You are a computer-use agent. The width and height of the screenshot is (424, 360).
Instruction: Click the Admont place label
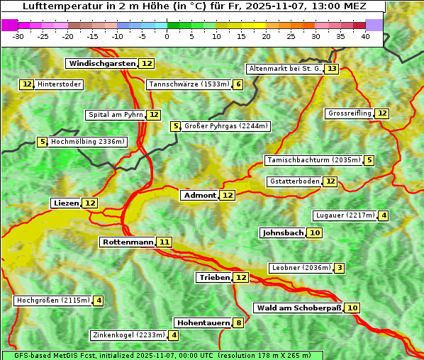pyautogui.click(x=199, y=196)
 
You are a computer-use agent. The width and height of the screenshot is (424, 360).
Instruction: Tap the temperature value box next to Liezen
pyautogui.click(x=90, y=203)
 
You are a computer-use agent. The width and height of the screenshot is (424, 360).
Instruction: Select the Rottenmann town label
pyautogui.click(x=127, y=242)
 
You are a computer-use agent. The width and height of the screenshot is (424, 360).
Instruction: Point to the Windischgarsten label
pyautogui.click(x=101, y=64)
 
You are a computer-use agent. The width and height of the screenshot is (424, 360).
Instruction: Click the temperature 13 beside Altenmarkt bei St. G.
pyautogui.click(x=332, y=69)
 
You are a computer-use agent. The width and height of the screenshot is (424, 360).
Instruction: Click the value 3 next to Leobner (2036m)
pyautogui.click(x=340, y=268)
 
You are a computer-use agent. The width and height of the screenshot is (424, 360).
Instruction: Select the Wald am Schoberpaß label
pyautogui.click(x=298, y=308)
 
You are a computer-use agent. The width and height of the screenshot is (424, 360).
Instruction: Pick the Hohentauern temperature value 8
pyautogui.click(x=239, y=323)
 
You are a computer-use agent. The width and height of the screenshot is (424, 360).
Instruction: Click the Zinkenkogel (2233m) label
pyautogui.click(x=128, y=335)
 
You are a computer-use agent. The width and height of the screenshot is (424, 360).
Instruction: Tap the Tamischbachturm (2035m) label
pyautogui.click(x=313, y=160)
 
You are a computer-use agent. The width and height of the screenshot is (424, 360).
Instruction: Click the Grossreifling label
pyautogui.click(x=349, y=113)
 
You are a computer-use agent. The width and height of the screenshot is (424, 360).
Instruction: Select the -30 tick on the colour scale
pyautogui.click(x=18, y=36)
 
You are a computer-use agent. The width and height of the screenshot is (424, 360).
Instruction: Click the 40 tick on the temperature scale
pyautogui.click(x=365, y=36)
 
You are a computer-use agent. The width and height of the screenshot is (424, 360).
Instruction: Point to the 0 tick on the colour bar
pyautogui.click(x=167, y=36)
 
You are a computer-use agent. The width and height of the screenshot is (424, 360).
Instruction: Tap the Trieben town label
pyautogui.click(x=214, y=278)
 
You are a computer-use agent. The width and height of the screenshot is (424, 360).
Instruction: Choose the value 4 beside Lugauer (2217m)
pyautogui.click(x=384, y=215)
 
